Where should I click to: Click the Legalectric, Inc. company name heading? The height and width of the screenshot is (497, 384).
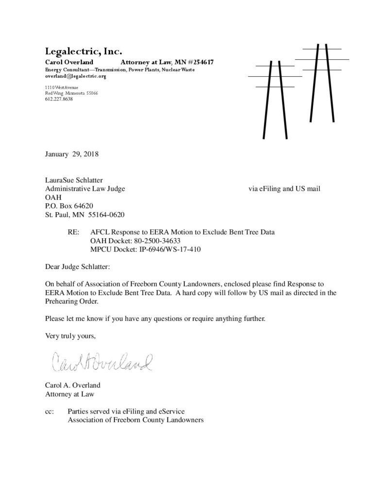83,51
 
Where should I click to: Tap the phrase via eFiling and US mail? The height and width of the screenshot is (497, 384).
284,188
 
